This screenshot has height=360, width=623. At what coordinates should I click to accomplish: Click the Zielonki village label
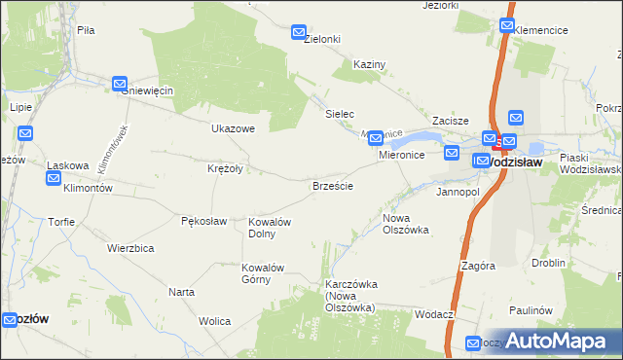click(x=321, y=39)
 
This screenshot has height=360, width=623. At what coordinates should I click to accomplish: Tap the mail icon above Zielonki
click(x=299, y=33)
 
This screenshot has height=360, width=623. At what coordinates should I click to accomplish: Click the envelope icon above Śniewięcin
click(x=120, y=85)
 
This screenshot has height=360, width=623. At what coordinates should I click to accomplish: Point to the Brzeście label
click(x=332, y=185)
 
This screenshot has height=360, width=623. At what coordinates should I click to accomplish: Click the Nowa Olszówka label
click(x=406, y=225)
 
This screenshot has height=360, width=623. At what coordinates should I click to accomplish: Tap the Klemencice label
click(x=541, y=30)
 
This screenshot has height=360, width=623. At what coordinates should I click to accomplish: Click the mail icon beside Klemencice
click(x=508, y=26)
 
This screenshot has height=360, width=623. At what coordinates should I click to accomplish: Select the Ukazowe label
click(x=233, y=128)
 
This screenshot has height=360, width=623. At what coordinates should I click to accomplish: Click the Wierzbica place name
click(x=131, y=248)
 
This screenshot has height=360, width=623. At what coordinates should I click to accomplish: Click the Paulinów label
click(x=530, y=310)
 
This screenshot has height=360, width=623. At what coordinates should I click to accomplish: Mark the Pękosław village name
click(x=204, y=221)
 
